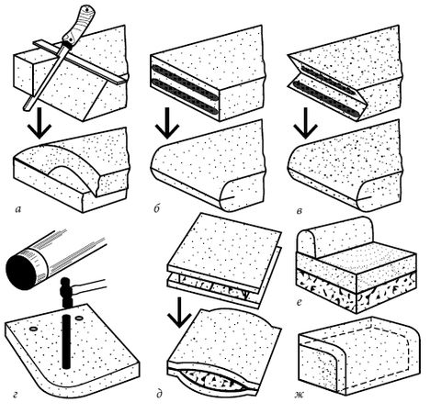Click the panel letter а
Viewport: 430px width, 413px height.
click(x=18, y=209)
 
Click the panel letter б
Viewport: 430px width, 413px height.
click(x=157, y=209)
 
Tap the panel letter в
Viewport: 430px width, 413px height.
click(x=300, y=211)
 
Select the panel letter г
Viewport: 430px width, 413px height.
click(x=16, y=395)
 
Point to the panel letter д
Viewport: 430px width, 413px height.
click(x=159, y=393)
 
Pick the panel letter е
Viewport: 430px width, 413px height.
click(x=300, y=303)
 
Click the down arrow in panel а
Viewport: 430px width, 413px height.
click(x=40, y=122)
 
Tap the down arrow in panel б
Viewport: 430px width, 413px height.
click(x=167, y=123)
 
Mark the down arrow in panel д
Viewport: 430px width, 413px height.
click(x=180, y=312)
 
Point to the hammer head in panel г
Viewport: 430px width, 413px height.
click(x=66, y=292)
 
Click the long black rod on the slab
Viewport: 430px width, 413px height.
click(x=66, y=340)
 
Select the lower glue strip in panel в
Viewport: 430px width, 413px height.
click(x=327, y=100)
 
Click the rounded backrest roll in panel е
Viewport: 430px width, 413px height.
click(x=335, y=235)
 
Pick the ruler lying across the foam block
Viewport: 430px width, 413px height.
click(x=80, y=61)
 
